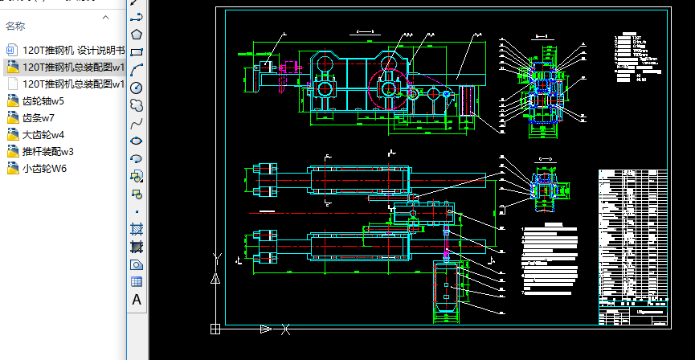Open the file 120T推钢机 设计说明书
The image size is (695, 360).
click(73, 50)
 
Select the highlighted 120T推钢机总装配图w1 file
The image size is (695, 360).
click(73, 67)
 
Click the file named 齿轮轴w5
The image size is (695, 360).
click(43, 100)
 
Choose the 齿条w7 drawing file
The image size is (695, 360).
click(39, 117)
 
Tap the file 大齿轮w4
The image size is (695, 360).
click(43, 134)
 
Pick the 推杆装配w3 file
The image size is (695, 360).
click(48, 151)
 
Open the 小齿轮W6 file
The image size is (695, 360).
click(45, 168)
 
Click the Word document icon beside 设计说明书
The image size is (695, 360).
click(11, 50)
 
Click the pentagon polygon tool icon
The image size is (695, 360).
click(137, 34)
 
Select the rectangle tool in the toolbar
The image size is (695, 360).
click(137, 51)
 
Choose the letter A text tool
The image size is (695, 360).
click(137, 300)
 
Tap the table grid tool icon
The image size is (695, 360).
click(137, 281)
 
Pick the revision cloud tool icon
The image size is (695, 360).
click(137, 104)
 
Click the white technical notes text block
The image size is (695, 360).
click(550, 257)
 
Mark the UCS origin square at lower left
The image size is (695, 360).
click(215, 328)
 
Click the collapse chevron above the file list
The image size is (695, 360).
click(105, 16)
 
